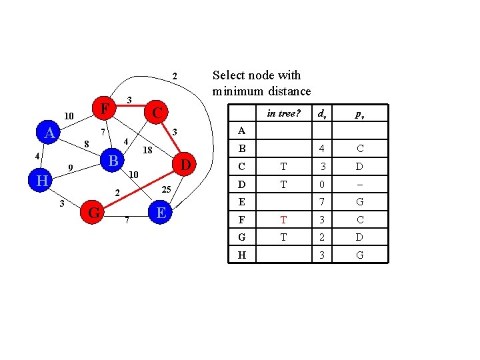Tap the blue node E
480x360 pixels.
point(160,213)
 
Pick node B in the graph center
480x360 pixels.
point(113,161)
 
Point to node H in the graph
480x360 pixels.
point(42,181)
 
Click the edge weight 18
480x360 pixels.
point(148,151)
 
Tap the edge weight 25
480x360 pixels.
point(167,191)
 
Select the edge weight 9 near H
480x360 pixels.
point(70,167)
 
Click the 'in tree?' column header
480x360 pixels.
point(283,113)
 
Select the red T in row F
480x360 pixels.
point(283,219)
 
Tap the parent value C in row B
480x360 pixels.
point(359,149)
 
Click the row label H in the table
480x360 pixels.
point(241,255)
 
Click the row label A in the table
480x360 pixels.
point(241,131)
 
